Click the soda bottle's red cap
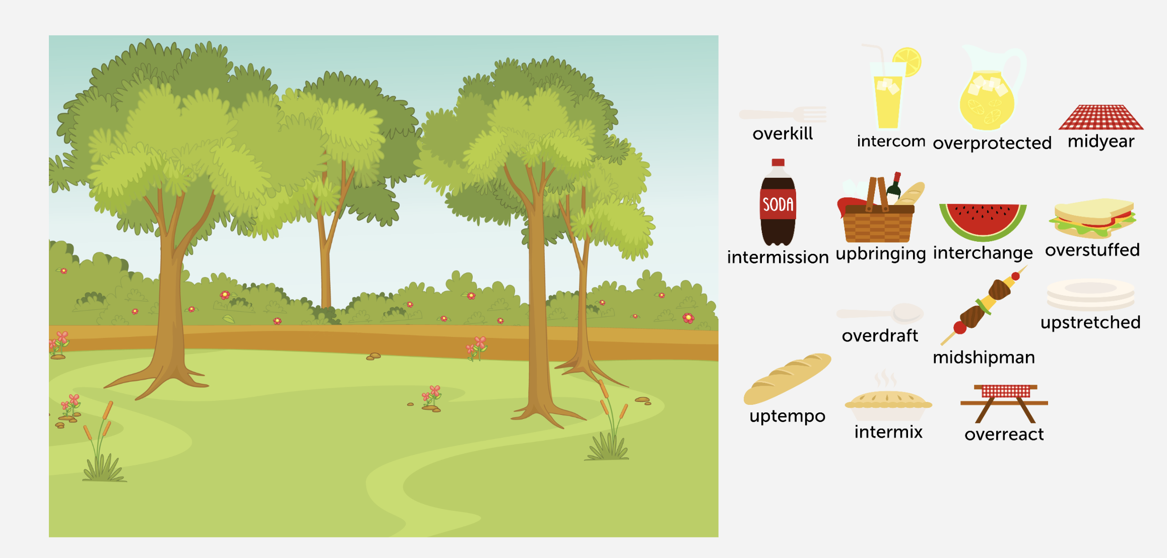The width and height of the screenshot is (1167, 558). click(778, 163)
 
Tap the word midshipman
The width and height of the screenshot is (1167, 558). click(984, 358)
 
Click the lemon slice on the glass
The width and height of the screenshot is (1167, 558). click(907, 62)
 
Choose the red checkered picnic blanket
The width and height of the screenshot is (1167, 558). click(1101, 118)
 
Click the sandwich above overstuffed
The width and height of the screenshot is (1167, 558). click(1092, 219)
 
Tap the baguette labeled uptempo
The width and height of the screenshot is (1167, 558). click(787, 379)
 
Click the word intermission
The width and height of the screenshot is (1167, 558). click(777, 257)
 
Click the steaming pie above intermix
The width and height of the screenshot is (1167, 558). click(888, 404)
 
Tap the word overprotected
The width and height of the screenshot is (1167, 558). click(992, 144)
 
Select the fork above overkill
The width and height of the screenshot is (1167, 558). click(784, 115)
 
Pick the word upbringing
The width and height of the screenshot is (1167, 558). click(880, 254)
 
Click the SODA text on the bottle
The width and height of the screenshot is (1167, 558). click(778, 204)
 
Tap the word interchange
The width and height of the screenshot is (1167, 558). click(983, 253)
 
